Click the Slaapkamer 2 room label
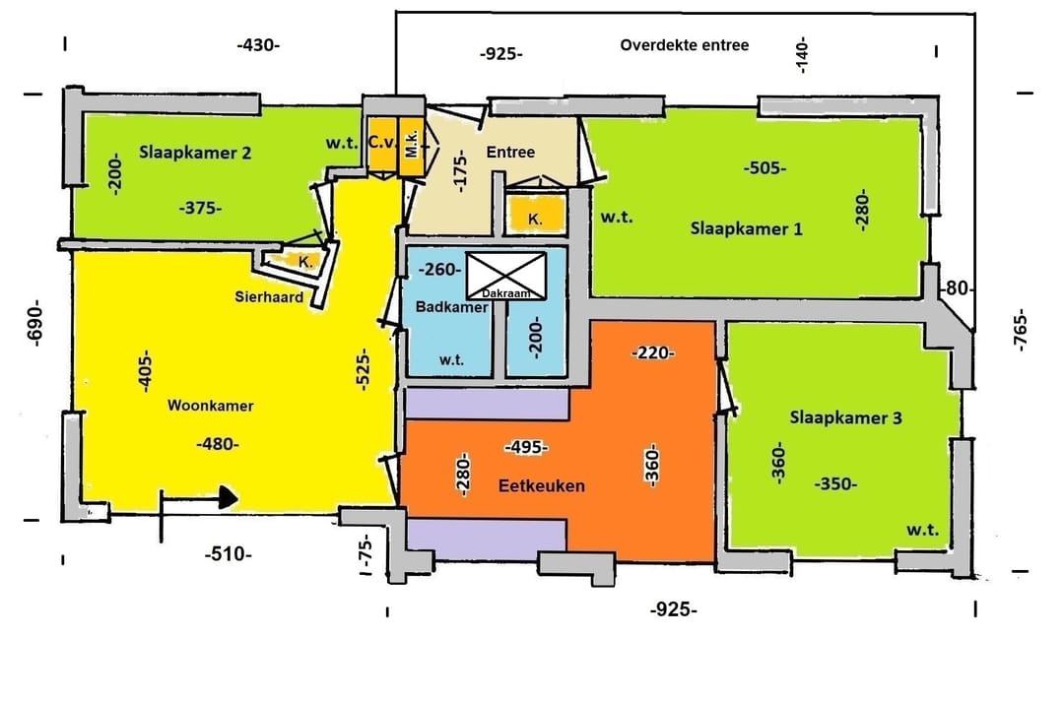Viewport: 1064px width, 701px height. (195, 153)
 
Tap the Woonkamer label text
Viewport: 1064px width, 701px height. (211, 406)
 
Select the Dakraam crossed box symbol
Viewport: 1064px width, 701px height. (506, 276)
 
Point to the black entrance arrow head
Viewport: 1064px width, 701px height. (229, 498)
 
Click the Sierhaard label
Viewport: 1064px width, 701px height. (269, 296)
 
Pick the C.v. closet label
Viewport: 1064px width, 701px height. (382, 143)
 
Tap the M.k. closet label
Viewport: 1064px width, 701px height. (411, 144)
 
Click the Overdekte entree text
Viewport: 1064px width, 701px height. (684, 45)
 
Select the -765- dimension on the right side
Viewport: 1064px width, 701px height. (1021, 330)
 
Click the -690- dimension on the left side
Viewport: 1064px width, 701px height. (34, 323)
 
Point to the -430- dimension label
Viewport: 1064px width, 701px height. (258, 45)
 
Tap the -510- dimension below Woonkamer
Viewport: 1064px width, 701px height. (228, 554)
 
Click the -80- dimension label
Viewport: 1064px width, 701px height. (957, 288)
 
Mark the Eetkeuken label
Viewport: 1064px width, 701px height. (542, 485)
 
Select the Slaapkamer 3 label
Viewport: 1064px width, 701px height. (845, 417)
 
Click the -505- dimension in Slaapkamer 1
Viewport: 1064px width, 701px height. (765, 167)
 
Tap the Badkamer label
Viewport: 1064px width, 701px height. (452, 306)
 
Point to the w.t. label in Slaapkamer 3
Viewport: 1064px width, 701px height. (923, 530)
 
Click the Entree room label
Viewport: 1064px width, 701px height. (510, 152)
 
